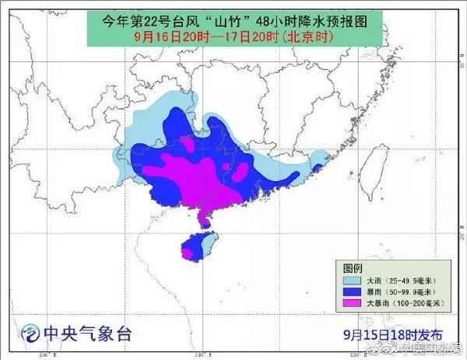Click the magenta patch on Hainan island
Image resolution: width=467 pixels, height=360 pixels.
click(x=188, y=252)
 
